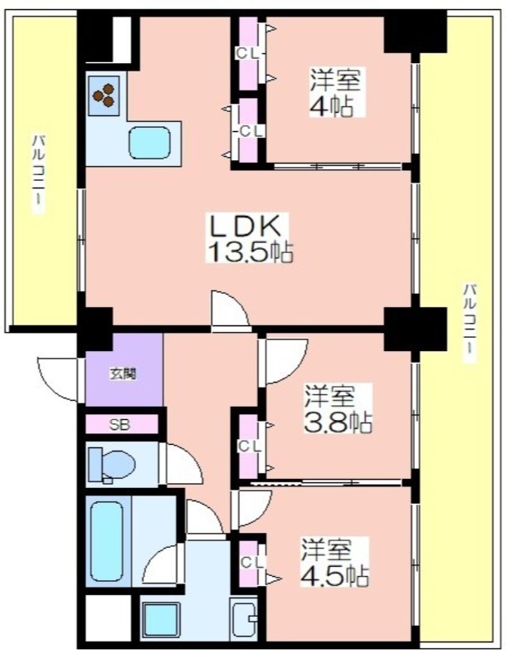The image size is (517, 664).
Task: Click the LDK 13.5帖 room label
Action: coord(250,238)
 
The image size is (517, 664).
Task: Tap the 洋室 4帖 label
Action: coord(334,92)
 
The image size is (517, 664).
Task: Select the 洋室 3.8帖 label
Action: coord(338,408)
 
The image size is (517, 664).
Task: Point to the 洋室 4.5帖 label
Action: coord(334,562)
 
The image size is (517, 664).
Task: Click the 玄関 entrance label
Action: coord(123,374)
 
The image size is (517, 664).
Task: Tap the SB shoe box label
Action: coord(119,425)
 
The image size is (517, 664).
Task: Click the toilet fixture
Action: coord(111,465)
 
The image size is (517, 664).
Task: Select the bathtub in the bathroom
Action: coord(107,541)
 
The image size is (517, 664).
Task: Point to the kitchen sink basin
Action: coord(149,143)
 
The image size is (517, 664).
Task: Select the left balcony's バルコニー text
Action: coord(38,174)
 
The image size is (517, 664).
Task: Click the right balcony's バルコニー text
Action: coord(470,323)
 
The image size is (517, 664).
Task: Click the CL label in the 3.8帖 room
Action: coord(251,446)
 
